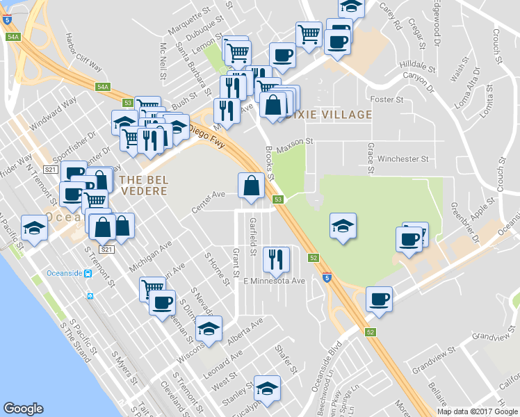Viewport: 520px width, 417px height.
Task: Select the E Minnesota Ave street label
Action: pyautogui.click(x=274, y=281)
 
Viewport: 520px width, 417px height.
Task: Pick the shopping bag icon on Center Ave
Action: pyautogui.click(x=251, y=185)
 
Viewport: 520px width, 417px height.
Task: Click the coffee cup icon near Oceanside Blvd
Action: pyautogui.click(x=379, y=298)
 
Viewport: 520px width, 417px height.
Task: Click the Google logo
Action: pyautogui.click(x=24, y=409)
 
